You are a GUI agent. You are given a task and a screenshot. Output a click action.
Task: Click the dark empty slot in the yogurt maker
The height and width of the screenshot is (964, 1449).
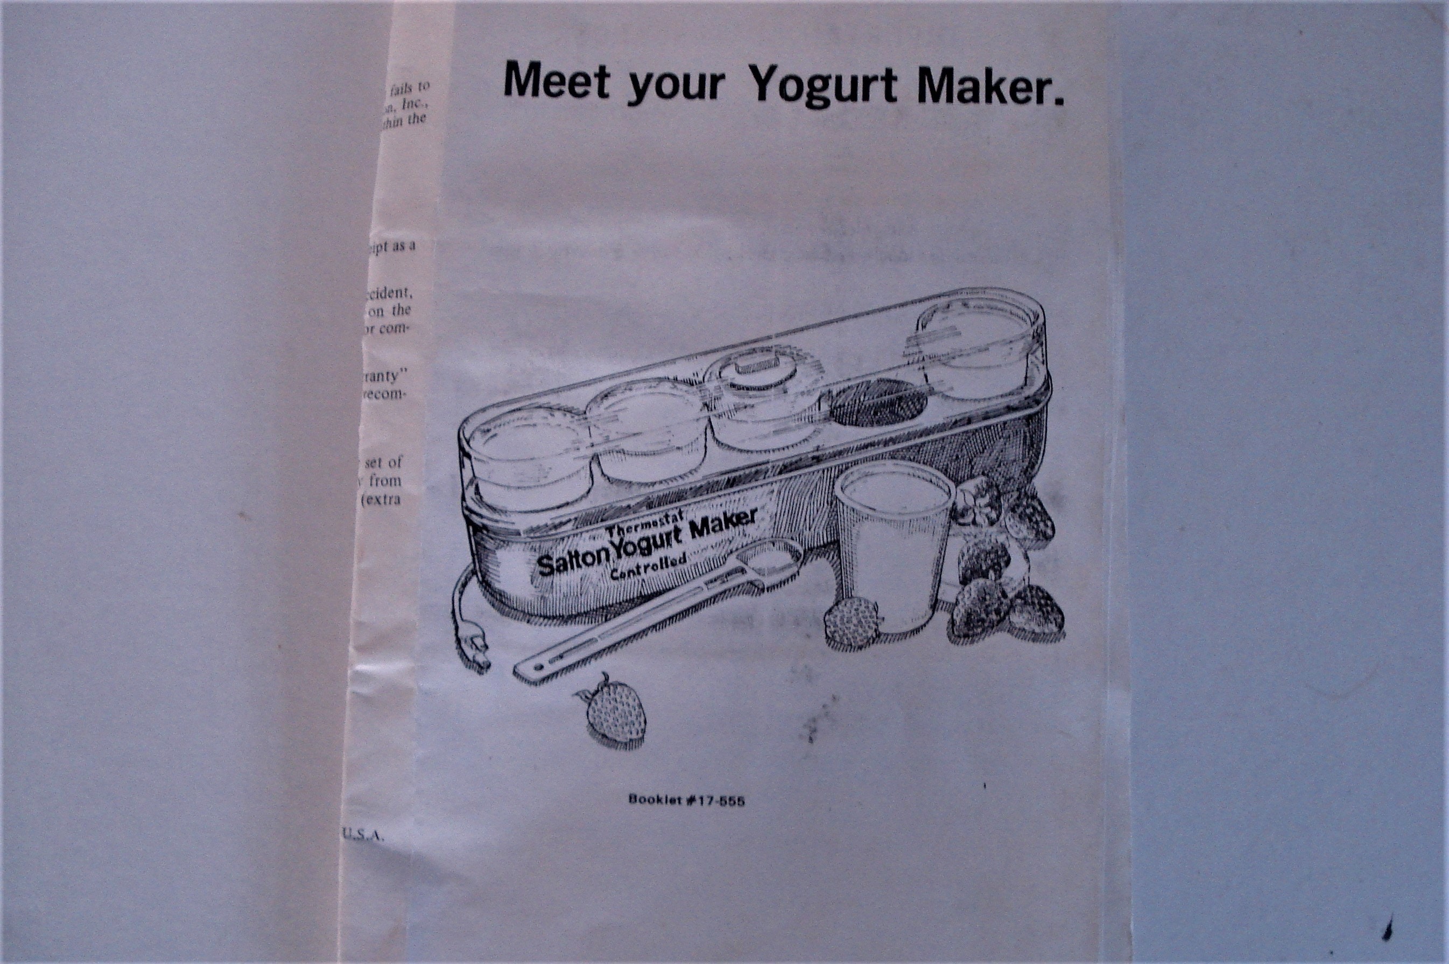tap(873, 403)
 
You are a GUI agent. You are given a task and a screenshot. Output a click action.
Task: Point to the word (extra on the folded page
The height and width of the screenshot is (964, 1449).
tap(383, 499)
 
